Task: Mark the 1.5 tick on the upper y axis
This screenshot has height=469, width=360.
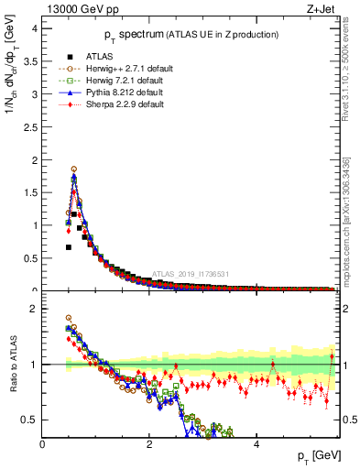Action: tap(30, 192)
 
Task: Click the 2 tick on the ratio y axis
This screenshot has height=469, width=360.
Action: tap(34, 309)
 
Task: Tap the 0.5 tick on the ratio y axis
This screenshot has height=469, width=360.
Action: tap(30, 420)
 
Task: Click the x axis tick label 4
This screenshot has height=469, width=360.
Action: tap(256, 443)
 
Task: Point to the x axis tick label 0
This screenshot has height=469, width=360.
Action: tap(43, 443)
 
